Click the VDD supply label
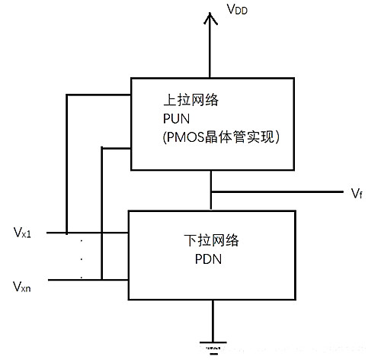[x=237, y=11]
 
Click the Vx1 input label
[x=23, y=231]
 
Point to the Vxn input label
[x=23, y=288]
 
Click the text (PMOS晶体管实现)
[x=218, y=137]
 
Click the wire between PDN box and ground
[x=211, y=320]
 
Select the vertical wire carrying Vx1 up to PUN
[x=66, y=164]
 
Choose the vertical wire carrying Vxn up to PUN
[x=101, y=214]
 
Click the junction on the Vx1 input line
[x=66, y=233]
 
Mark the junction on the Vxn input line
[x=101, y=279]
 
